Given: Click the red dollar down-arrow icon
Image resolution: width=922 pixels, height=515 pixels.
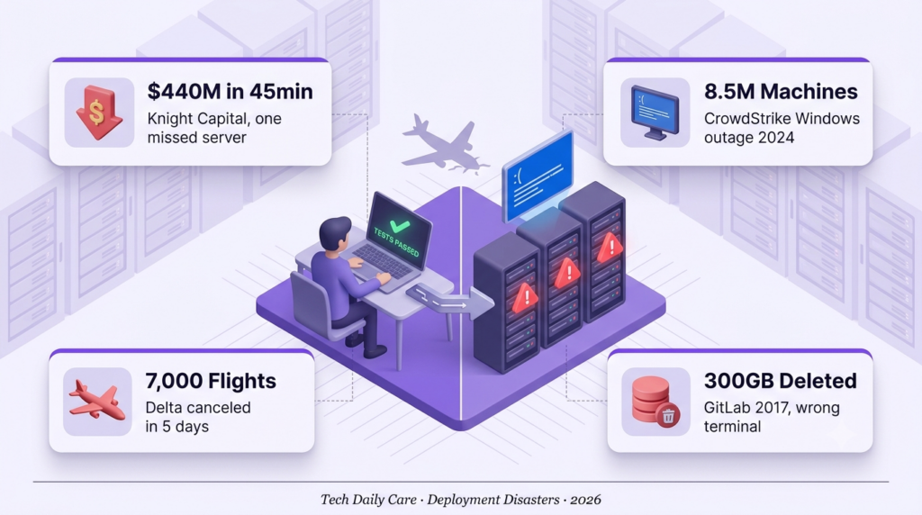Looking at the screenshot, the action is (99, 113).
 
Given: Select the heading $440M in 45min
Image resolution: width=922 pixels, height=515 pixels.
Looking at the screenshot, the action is (230, 92).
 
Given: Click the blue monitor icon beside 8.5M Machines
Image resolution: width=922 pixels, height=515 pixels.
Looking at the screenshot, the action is (655, 113).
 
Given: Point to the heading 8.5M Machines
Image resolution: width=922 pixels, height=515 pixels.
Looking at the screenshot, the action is (781, 92).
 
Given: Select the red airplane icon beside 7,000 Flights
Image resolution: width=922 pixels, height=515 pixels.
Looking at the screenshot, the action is (97, 400).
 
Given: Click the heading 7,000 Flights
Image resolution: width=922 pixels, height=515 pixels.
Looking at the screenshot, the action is (211, 381).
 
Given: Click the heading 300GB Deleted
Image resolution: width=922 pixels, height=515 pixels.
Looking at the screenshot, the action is (781, 381).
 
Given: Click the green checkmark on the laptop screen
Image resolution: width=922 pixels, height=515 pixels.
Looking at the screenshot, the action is (400, 226).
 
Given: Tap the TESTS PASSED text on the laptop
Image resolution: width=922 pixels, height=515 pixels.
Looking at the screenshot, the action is (396, 242).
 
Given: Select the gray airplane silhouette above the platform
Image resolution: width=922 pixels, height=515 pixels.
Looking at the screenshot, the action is (445, 145).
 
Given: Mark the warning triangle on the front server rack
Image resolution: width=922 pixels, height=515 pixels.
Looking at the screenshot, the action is (525, 298).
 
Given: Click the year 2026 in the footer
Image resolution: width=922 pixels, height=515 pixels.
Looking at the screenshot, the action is (585, 500).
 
